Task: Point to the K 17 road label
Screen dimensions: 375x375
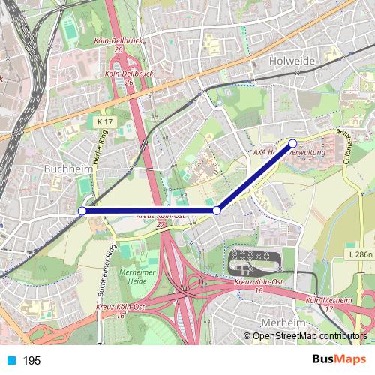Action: (x=104, y=121)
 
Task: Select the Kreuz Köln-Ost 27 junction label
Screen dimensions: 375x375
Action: (x=160, y=220)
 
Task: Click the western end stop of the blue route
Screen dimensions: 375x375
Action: (x=82, y=211)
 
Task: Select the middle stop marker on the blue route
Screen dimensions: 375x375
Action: (x=217, y=211)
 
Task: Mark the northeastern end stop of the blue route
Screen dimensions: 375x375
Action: (x=292, y=142)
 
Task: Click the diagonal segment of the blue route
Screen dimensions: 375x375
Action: (x=255, y=177)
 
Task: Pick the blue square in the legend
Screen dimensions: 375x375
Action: (x=11, y=361)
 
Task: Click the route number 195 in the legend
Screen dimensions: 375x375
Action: (x=31, y=361)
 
